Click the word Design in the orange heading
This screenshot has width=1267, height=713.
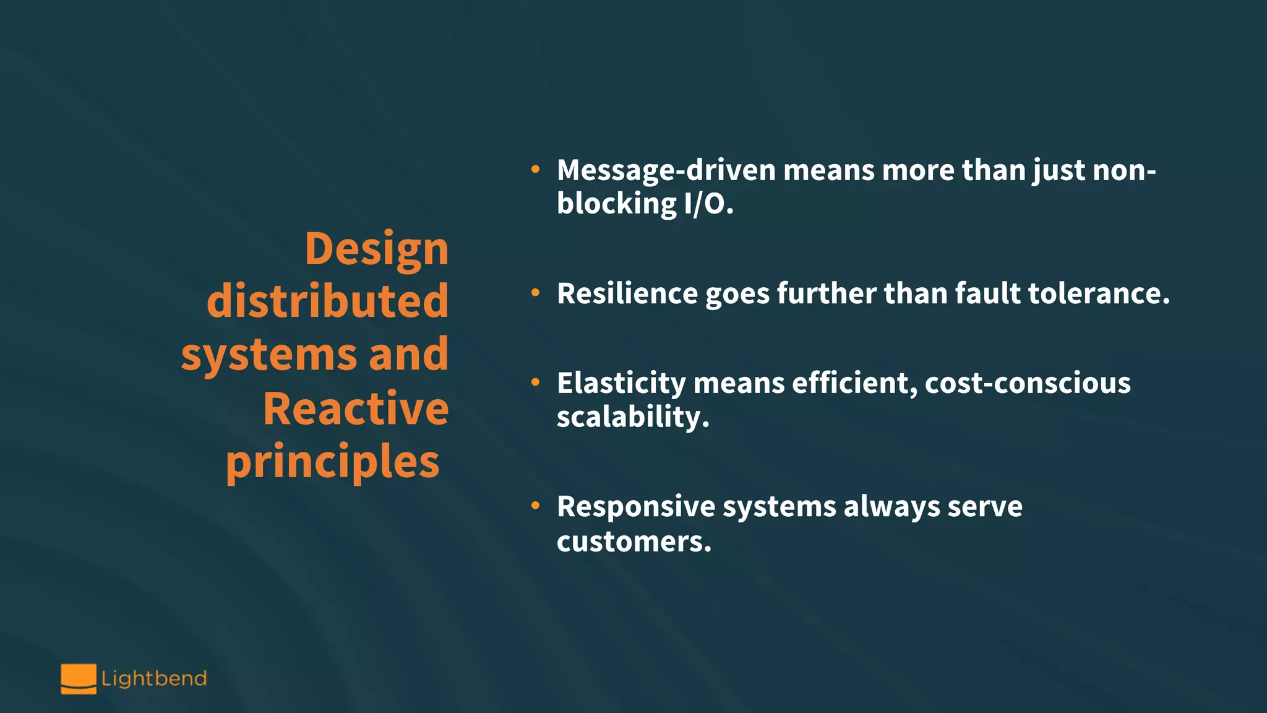(376, 249)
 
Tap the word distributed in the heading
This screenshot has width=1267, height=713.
(327, 301)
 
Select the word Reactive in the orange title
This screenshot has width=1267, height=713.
(356, 408)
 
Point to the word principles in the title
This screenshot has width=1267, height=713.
(332, 462)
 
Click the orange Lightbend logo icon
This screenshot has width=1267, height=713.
(79, 678)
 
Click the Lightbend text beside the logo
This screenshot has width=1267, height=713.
(154, 678)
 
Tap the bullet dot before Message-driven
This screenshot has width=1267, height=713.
(535, 169)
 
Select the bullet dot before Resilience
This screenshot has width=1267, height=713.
(535, 292)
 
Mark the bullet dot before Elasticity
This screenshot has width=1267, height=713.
(535, 382)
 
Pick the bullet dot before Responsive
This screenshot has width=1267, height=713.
(535, 506)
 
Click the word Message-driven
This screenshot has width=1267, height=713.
(666, 170)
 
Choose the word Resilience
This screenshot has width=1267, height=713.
(627, 293)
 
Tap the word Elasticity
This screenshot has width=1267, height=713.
(621, 383)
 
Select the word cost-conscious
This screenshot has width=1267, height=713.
(1028, 383)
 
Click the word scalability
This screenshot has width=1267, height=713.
(632, 417)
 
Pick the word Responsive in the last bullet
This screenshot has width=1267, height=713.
(635, 507)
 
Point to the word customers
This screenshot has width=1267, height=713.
(633, 542)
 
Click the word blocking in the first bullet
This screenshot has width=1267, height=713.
(617, 204)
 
